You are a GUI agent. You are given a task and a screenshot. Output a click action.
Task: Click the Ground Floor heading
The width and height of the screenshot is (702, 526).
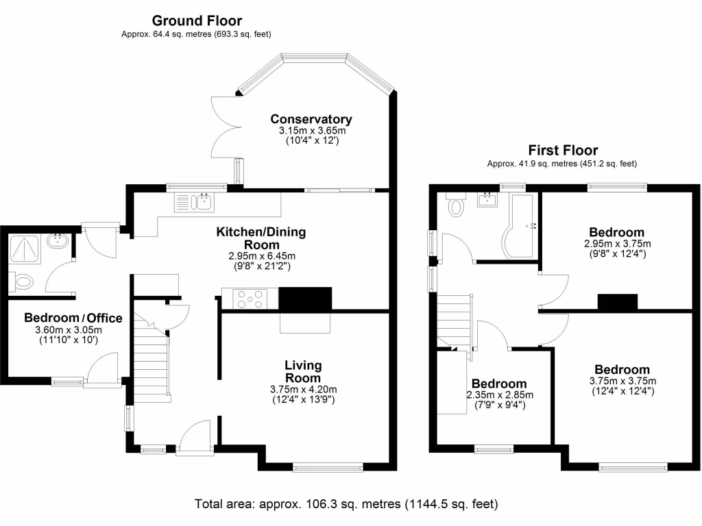[x=197, y=21]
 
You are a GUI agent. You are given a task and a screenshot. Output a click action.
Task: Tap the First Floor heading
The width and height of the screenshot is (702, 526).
[x=563, y=150]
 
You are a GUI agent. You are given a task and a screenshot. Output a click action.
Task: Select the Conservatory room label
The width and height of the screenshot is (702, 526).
[x=311, y=119]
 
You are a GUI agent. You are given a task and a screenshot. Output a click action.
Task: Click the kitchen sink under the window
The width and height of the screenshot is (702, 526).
[x=195, y=201]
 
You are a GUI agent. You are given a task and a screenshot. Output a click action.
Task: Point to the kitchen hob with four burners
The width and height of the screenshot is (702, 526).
[x=250, y=299]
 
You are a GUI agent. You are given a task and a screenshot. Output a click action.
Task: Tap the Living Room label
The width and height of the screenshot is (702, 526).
[x=303, y=372]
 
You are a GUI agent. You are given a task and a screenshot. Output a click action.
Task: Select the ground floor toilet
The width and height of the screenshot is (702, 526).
[x=25, y=281]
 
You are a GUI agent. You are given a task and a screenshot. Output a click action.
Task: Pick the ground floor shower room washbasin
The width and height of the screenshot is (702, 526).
[x=57, y=242]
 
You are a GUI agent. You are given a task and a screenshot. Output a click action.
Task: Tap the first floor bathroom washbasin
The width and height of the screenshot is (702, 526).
[x=488, y=201]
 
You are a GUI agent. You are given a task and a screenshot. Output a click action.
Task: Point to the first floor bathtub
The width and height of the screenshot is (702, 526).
[x=520, y=223]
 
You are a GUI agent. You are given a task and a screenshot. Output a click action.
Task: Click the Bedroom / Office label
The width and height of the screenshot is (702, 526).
[x=73, y=318]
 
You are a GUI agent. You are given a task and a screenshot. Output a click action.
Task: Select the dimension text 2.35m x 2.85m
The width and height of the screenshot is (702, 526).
[x=500, y=394]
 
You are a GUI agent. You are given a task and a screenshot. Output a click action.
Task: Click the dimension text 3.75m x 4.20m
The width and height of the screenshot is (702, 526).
[x=302, y=389]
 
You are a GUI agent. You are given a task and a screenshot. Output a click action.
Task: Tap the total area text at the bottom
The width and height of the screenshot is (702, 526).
[x=346, y=504]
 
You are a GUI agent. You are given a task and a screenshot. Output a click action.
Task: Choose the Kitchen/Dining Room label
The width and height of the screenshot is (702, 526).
[x=261, y=238]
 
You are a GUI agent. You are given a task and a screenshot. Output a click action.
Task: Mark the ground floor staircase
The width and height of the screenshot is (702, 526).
[x=152, y=360]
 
